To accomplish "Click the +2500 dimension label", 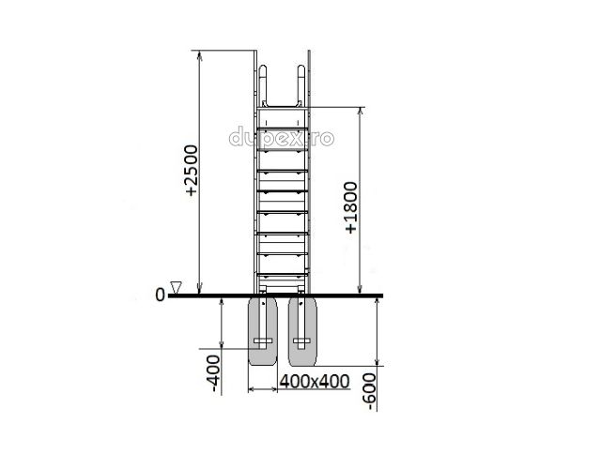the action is click(192, 171).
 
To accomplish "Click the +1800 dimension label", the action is click(351, 207).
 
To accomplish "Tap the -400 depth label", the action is click(214, 375).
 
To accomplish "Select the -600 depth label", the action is click(370, 392).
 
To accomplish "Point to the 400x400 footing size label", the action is click(315, 381).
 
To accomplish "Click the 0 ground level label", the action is click(160, 295).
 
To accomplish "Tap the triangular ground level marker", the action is click(176, 288).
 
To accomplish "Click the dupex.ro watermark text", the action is click(282, 137).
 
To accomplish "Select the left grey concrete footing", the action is click(263, 331).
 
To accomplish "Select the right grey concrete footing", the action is click(302, 331).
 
